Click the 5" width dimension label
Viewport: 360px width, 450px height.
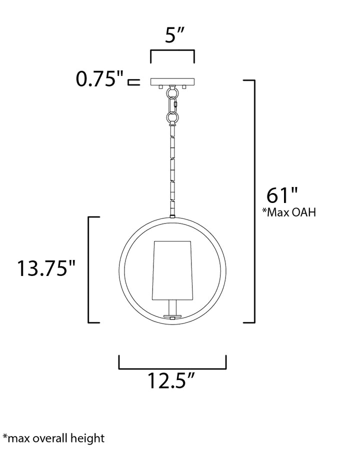coord(174,35)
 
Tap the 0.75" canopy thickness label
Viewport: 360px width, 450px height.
coord(99,78)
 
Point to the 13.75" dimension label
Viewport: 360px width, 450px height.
coord(46,268)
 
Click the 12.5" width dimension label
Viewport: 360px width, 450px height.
coord(171,380)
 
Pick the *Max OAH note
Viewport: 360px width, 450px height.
coord(289,212)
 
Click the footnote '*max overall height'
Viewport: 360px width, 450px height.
coord(53,438)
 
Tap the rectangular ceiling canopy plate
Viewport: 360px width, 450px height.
coord(172,82)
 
